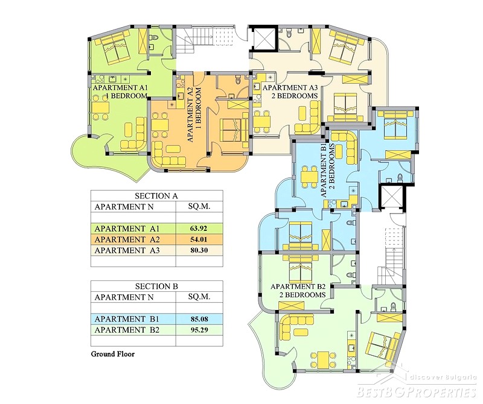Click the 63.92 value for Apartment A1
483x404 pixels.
coord(199,229)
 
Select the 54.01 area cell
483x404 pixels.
coord(199,239)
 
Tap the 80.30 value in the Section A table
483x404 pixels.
coord(199,250)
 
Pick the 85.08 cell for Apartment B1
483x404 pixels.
coord(199,319)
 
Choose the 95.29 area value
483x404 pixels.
coord(199,330)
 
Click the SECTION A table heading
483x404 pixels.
coord(156,196)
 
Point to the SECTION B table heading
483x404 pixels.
coord(156,286)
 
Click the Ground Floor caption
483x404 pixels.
coord(113,354)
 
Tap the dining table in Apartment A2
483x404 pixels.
coord(160,125)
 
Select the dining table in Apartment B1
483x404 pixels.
coord(309,177)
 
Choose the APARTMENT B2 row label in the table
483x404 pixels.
coord(127,330)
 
